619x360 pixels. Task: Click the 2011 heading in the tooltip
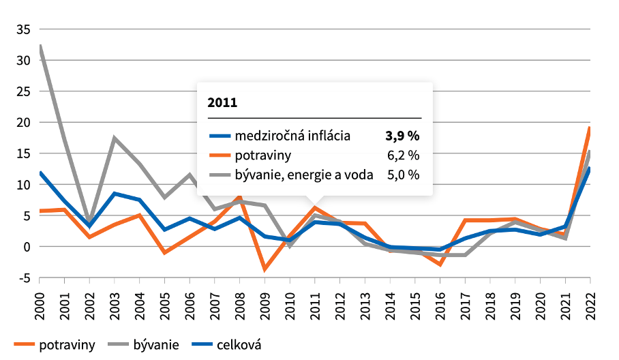222,103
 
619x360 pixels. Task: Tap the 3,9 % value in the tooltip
402,135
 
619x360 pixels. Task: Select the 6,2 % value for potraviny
404,155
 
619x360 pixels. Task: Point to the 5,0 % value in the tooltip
404,175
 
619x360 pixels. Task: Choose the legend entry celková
239,345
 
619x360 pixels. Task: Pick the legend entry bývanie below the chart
156,345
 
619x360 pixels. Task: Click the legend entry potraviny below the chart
66,345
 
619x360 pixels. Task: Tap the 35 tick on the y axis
22,29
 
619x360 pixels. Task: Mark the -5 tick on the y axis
24,277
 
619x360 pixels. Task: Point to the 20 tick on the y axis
22,123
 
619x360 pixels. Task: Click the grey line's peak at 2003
115,138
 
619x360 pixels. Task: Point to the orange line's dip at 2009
265,269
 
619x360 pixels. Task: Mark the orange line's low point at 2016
440,264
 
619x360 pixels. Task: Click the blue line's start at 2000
40,173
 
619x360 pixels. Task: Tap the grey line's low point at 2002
89,222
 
